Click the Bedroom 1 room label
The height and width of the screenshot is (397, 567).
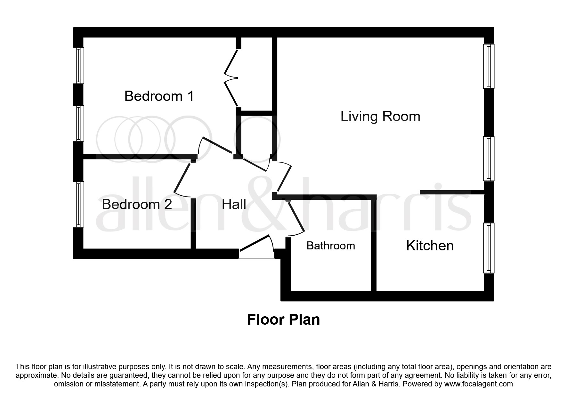159,96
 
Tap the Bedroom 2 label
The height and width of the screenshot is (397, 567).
137,204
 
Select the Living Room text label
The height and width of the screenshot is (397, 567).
380,116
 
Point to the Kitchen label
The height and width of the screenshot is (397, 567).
430,246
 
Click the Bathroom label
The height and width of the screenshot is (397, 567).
331,246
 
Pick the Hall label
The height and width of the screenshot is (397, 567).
234,204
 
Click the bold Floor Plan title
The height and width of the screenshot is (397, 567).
283,320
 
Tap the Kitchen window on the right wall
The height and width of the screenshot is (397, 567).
488,248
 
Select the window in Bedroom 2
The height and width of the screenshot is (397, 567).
78,204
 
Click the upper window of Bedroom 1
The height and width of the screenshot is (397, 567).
78,65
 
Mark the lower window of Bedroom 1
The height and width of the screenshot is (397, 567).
78,123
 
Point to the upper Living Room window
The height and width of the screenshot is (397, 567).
488,66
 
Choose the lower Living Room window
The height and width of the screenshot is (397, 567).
488,158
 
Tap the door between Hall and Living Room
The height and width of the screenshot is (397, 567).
284,181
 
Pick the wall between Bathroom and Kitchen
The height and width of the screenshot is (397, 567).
373,245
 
